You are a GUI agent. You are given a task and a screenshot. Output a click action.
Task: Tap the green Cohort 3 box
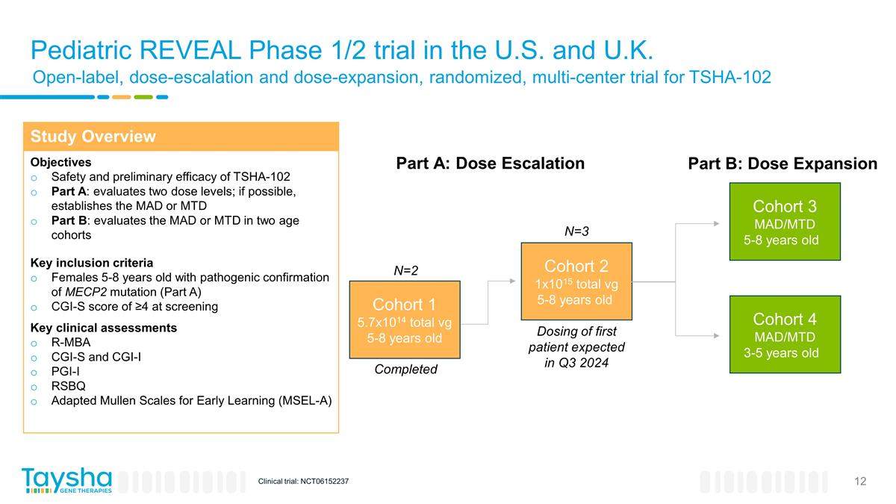pos(784,222)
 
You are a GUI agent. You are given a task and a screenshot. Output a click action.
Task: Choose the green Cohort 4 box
pos(784,335)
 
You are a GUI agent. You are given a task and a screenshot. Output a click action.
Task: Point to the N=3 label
pos(576,231)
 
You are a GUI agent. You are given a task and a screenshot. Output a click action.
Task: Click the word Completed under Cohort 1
pos(405,370)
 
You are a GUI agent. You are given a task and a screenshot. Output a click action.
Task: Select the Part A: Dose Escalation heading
pos(490,164)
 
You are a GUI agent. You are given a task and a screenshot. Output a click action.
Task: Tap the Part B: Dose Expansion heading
pos(782,164)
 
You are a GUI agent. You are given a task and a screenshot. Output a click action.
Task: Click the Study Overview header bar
pos(181,137)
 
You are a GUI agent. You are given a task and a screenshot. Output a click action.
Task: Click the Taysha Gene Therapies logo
pos(66,480)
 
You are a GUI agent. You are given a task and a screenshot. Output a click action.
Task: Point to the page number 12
pos(860,481)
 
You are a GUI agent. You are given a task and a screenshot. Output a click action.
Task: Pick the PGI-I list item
pos(64,371)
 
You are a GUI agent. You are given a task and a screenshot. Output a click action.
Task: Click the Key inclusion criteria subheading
pos(91,263)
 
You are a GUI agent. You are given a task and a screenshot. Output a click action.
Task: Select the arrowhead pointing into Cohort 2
pos(512,281)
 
